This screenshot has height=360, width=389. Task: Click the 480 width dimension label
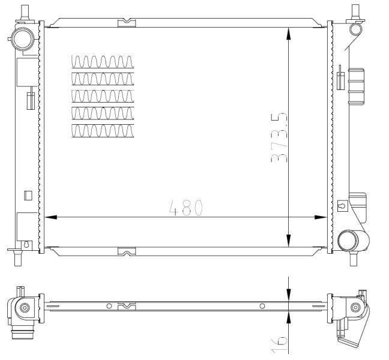(186, 208)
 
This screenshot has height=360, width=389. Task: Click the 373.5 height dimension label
(279, 137)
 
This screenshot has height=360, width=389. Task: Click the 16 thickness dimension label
(279, 344)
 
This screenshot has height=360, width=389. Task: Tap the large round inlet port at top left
(23, 39)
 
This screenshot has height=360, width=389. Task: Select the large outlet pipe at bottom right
(352, 241)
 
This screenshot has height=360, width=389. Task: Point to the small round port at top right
(355, 29)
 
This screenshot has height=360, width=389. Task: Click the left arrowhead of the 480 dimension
(50, 217)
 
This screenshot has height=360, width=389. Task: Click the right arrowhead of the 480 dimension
(321, 217)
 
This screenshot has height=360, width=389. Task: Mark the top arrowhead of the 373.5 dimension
(288, 34)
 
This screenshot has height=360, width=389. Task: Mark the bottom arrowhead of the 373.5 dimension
(288, 241)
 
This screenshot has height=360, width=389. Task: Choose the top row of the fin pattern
(103, 62)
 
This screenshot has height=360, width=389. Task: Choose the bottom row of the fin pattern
(103, 131)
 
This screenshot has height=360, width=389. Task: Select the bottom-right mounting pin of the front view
(353, 259)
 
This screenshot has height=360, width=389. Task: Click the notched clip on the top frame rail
(127, 23)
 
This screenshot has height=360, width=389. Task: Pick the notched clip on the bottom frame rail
(127, 251)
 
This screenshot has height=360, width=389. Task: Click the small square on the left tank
(28, 196)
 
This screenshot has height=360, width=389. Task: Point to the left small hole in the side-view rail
(109, 306)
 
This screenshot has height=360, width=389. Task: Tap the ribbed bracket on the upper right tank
(357, 86)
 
